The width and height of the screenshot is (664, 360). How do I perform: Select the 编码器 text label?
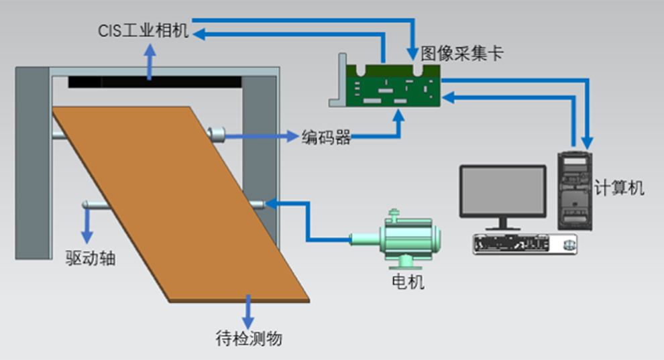(326, 137)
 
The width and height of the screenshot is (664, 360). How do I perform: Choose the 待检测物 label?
(249, 339)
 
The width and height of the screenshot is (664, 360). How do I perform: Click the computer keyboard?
(524, 244)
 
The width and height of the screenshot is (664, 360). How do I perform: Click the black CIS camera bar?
(154, 82)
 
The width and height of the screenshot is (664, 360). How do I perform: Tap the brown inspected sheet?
(181, 201)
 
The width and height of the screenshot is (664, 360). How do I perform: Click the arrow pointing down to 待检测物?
(249, 310)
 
